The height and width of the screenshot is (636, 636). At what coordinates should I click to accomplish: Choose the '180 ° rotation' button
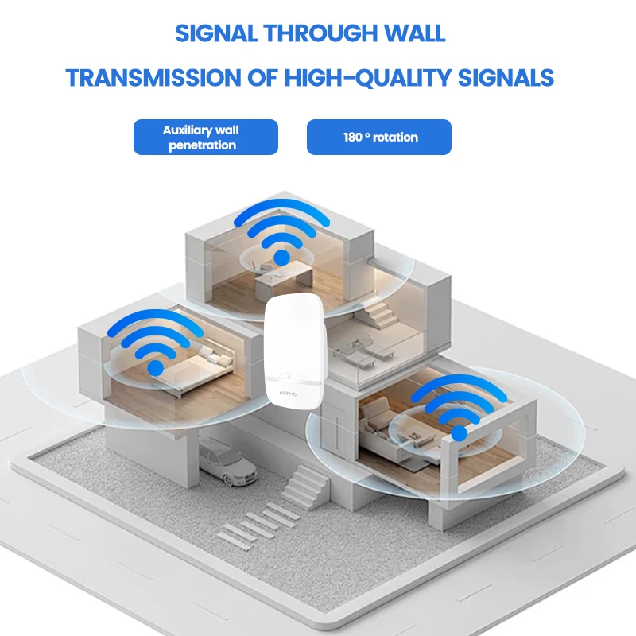click(x=379, y=137)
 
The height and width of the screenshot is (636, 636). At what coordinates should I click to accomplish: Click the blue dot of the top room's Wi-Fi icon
click(x=281, y=257)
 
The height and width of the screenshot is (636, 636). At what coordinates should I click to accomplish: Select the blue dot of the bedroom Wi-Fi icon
click(x=156, y=367)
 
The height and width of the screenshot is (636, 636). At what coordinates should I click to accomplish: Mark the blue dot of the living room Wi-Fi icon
click(x=459, y=432)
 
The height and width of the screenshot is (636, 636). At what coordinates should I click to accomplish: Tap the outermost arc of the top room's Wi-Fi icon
click(x=283, y=208)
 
